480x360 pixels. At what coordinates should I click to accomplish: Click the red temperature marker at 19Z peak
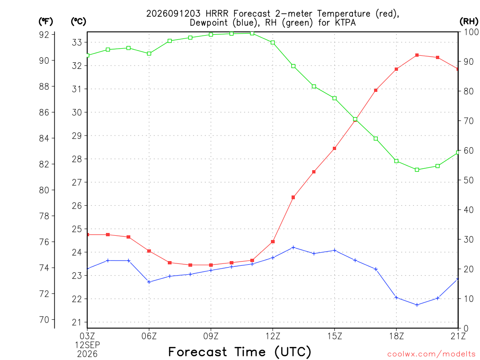pos(417,55)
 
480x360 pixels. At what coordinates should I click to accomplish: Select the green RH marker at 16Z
pos(355,119)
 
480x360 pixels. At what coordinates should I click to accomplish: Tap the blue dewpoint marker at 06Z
pos(149,282)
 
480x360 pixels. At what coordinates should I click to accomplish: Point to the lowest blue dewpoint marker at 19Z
pos(417,305)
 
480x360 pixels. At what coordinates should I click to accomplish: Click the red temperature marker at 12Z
pos(273,241)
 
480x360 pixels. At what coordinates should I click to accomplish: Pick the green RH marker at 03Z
pos(88,55)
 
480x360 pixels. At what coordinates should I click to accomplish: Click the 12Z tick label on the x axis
pos(273,336)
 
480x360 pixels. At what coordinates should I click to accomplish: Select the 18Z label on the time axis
pos(396,336)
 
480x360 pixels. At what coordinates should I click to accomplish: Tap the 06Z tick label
pos(149,336)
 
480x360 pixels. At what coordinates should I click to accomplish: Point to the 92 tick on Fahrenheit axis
pos(44,35)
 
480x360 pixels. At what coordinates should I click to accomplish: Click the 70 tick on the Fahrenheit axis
pos(44,320)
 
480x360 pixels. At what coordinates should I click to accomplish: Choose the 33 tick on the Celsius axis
pos(77,42)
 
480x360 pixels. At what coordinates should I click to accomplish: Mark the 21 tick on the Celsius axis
pos(77,322)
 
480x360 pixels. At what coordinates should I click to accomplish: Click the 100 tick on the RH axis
pos(471,32)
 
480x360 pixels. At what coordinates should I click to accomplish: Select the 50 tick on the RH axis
pos(468,180)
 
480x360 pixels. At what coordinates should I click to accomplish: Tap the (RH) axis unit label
pos(469,21)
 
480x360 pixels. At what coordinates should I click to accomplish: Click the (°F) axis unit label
pos(45,22)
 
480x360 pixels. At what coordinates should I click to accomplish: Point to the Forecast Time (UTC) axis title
pos(240,352)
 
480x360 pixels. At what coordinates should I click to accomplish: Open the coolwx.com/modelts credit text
pos(431,354)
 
